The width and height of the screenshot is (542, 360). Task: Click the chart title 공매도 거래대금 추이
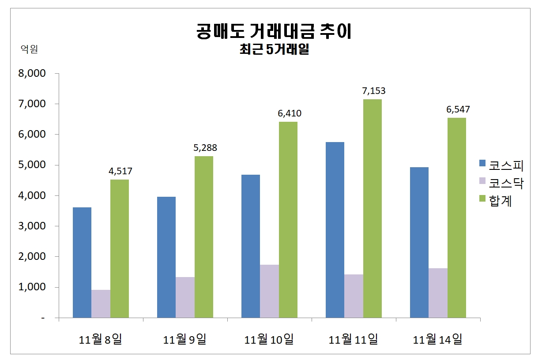tap(274, 32)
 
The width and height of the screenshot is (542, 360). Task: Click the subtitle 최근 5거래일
tap(274, 50)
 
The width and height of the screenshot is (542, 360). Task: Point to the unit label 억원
tap(30, 49)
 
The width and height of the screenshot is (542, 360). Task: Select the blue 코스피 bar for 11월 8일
tap(82, 262)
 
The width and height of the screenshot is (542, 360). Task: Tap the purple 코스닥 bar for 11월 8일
tap(101, 304)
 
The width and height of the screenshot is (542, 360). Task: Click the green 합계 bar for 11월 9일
tap(204, 237)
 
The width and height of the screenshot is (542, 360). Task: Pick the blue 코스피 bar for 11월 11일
tap(335, 230)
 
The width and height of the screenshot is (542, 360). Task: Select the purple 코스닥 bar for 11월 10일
tap(269, 291)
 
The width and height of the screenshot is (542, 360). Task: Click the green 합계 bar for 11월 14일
tap(457, 217)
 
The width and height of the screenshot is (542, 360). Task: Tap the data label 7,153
tap(373, 91)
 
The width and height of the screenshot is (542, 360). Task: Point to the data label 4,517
tap(120, 171)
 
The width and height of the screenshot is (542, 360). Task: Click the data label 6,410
tap(289, 113)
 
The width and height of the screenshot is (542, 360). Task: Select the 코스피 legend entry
tap(501, 165)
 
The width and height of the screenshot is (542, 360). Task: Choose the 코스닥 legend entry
tap(501, 183)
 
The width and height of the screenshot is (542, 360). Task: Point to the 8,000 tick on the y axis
tap(32, 74)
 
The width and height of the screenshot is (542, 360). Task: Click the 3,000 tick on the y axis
tap(32, 226)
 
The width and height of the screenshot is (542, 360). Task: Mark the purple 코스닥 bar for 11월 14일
tap(438, 293)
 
